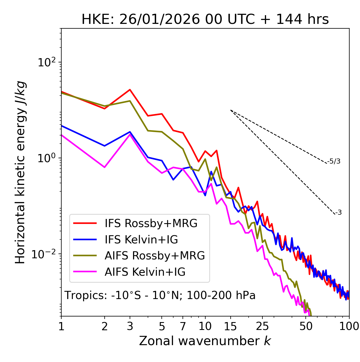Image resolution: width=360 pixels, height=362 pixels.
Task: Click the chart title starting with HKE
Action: [205, 19]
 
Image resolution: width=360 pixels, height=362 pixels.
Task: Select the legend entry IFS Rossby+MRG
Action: [151, 223]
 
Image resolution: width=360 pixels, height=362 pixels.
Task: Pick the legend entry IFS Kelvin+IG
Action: [141, 239]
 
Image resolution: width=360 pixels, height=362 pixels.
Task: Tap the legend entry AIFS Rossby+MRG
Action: [155, 255]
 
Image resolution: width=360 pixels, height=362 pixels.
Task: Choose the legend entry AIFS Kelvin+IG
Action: [145, 272]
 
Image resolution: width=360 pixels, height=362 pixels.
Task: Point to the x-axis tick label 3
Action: [130, 326]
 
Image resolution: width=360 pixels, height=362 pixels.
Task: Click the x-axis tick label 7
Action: [183, 326]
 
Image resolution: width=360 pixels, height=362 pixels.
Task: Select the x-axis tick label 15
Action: [230, 326]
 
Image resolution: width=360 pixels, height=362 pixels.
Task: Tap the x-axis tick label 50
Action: [306, 326]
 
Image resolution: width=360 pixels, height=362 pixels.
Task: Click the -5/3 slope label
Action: [334, 161]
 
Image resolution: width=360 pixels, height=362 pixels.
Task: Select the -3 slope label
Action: [338, 212]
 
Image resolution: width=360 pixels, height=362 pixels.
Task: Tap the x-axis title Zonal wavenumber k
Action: [205, 341]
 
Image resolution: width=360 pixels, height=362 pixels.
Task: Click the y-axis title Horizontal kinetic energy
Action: [20, 172]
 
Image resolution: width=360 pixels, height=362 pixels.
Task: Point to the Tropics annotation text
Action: [160, 295]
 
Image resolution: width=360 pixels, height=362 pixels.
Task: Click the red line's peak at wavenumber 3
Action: [130, 90]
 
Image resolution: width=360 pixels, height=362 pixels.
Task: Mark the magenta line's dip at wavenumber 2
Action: [105, 167]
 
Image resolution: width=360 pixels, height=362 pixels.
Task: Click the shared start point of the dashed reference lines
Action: [231, 110]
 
